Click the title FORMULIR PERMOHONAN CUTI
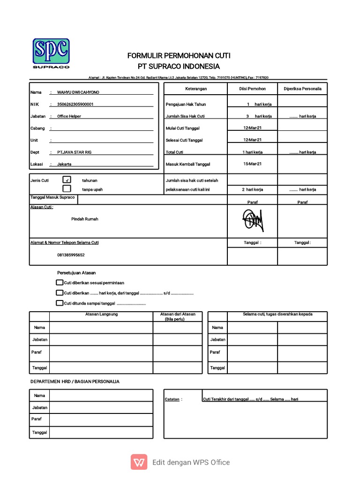(179, 56)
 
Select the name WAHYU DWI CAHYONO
(78, 92)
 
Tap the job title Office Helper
(69, 116)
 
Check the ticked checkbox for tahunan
(67, 180)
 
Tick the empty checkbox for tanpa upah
(67, 189)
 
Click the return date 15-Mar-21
(252, 164)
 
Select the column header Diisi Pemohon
(252, 89)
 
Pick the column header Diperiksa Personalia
(302, 89)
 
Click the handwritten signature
(252, 219)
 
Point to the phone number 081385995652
(71, 255)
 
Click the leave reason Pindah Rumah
(85, 219)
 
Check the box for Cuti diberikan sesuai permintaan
(59, 283)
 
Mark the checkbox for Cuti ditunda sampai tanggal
(59, 303)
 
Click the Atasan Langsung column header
(101, 314)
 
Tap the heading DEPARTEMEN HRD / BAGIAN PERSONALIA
(75, 382)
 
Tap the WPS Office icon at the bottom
(139, 462)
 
